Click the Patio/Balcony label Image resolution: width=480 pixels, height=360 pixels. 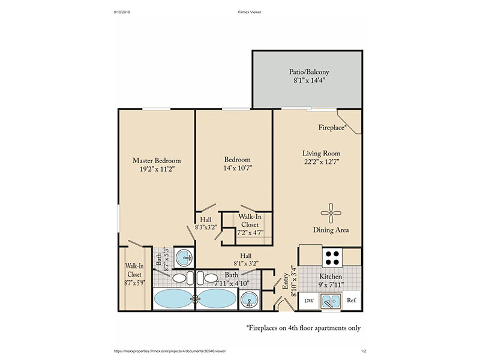tap(309, 72)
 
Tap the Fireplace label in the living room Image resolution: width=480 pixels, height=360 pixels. tap(332, 127)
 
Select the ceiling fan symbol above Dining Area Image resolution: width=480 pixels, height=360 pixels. tap(331, 214)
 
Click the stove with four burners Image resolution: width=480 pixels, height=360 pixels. tap(332, 258)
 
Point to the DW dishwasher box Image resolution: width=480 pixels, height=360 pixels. tap(309, 301)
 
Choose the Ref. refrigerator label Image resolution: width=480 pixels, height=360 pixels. tap(352, 301)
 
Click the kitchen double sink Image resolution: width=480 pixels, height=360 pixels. tap(331, 301)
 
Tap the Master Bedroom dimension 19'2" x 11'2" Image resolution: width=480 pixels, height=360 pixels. tap(157, 169)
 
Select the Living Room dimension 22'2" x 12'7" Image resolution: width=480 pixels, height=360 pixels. tap(322, 161)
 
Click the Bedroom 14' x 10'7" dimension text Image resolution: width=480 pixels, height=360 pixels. tap(238, 168)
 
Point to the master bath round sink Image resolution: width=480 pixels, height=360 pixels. tap(184, 257)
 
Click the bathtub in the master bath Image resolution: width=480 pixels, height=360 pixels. tap(173, 298)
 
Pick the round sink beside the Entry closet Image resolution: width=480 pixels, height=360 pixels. tap(249, 299)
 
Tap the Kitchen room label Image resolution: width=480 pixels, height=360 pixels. tap(331, 277)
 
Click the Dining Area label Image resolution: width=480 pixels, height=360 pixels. tap(331, 230)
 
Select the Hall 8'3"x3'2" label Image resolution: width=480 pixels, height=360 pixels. tap(206, 223)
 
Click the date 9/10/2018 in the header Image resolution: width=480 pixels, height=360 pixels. tap(122, 12)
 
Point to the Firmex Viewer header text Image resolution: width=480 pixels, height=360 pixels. tap(250, 12)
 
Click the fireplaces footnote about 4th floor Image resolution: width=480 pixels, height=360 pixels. tap(304, 328)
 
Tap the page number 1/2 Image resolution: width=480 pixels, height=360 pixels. tap(364, 351)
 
